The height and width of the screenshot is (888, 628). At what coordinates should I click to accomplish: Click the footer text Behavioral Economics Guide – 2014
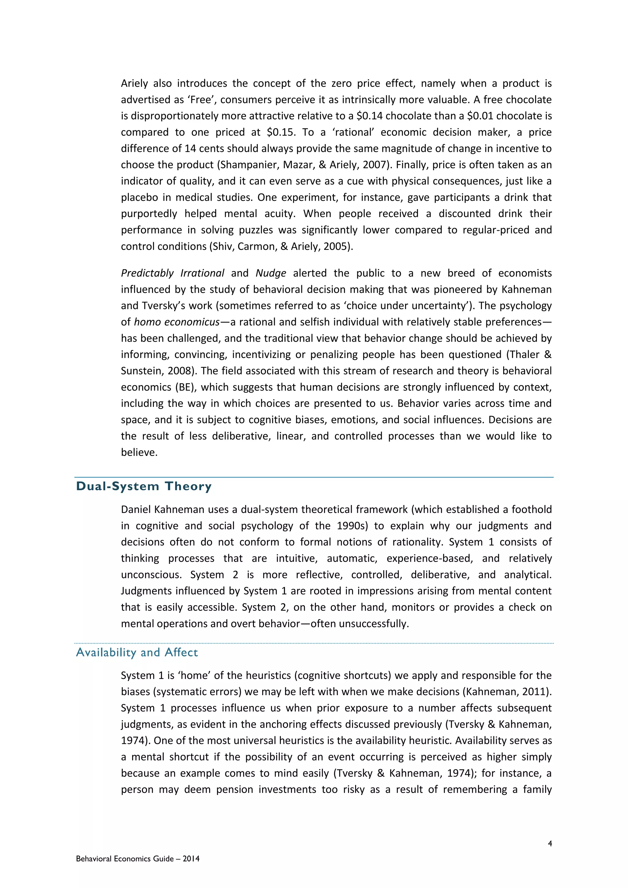pyautogui.click(x=138, y=859)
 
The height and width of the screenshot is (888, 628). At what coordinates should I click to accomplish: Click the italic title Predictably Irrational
pyautogui.click(x=172, y=273)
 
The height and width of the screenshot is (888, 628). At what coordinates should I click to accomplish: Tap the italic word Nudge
pyautogui.click(x=271, y=273)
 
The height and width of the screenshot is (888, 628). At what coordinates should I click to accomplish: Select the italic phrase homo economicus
pyautogui.click(x=177, y=322)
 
